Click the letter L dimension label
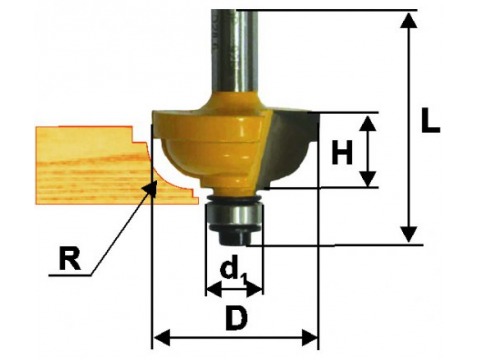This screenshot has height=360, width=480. pos(430,120)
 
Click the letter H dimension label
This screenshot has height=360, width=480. pos(342,153)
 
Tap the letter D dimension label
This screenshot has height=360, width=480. pos(237,318)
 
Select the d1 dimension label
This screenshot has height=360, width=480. pos(233,268)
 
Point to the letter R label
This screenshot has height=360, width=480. pos(70,258)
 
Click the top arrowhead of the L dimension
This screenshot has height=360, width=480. pos(408,21)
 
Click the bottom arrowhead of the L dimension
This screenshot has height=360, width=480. pos(408,234)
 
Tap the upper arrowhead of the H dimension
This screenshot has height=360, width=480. pos(368,123)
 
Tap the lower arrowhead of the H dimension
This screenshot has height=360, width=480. pos(368,179)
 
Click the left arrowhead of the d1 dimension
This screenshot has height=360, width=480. pos(214,289)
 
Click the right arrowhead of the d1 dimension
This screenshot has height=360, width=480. pos(255,289)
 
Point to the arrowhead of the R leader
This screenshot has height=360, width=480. pos(151,187)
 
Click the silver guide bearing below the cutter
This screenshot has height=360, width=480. pos(233,216)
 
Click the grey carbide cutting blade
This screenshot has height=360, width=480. pos(290,147)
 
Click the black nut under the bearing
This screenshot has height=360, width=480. pos(233,237)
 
